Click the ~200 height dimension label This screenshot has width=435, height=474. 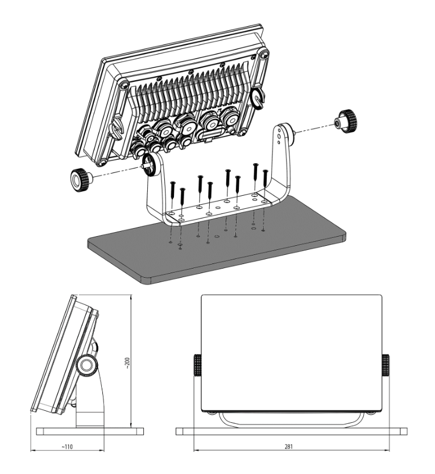129,362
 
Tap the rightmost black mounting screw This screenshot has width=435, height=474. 265,181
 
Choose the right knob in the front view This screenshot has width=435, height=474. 385,365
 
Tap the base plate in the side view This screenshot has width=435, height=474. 89,431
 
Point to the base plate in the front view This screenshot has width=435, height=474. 291,431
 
